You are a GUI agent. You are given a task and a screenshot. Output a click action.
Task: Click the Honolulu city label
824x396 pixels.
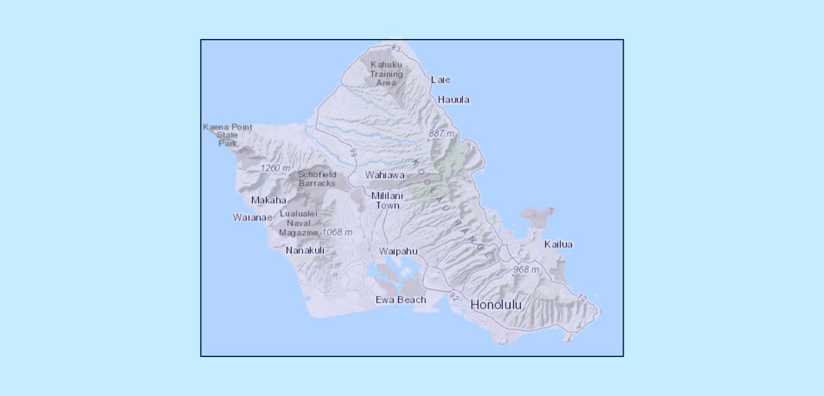(x=496, y=305)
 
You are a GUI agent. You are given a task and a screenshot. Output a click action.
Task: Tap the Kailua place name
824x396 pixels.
(x=558, y=244)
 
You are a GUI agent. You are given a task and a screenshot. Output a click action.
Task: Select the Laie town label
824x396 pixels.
(x=440, y=80)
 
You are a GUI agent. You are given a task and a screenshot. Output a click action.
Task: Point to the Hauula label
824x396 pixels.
(x=454, y=100)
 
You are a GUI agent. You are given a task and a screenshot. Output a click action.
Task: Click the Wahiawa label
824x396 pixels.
(x=385, y=176)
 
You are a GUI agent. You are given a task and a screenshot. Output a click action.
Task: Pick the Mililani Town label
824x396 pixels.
(x=387, y=201)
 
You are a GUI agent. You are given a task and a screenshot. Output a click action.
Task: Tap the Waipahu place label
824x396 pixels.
(x=398, y=251)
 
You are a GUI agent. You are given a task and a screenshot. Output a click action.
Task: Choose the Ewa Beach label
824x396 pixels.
(x=401, y=300)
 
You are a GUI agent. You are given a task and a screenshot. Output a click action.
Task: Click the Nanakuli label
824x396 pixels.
(x=305, y=250)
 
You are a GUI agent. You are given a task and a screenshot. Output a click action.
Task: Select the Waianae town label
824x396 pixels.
(x=252, y=217)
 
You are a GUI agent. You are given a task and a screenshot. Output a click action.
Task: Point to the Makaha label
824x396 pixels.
(x=269, y=200)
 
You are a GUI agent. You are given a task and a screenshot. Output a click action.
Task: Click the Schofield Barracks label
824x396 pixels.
(x=317, y=179)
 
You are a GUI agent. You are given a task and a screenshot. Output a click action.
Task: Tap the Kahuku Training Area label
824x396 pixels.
(x=386, y=73)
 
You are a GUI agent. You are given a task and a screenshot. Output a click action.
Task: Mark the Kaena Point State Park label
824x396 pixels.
(x=228, y=135)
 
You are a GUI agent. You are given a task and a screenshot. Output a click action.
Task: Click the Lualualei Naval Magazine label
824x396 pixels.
(x=298, y=223)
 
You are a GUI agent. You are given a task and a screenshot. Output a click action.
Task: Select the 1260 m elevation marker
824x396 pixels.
(x=275, y=168)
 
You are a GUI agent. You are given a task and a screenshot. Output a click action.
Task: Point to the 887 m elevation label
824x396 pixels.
(x=442, y=133)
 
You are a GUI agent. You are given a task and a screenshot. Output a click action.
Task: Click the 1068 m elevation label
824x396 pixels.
(x=337, y=232)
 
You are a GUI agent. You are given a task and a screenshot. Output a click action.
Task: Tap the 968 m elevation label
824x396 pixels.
(x=526, y=269)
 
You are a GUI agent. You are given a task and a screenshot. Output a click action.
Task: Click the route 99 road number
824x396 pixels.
(x=354, y=153)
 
